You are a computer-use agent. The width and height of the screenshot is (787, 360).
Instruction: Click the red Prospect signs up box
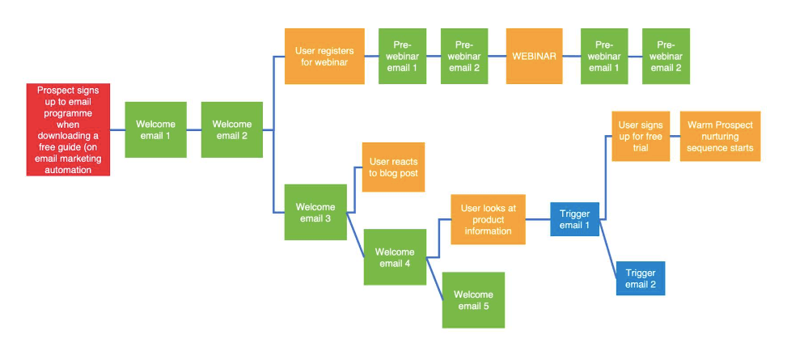click(x=68, y=129)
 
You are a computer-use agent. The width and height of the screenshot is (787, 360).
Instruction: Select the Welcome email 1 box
click(x=155, y=129)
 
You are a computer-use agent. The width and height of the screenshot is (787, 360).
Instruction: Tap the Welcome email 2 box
click(x=231, y=129)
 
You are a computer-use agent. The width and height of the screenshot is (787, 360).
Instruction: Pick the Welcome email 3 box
click(x=315, y=212)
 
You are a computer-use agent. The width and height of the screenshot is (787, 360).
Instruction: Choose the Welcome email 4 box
click(x=395, y=257)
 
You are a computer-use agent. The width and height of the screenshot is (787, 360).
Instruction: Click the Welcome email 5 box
click(x=473, y=299)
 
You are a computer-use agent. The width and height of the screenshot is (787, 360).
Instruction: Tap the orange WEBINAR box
click(x=534, y=56)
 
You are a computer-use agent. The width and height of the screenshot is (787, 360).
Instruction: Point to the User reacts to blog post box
click(x=393, y=167)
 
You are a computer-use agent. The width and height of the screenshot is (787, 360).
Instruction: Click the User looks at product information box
click(x=488, y=219)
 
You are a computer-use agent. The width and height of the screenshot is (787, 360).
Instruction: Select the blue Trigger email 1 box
click(x=574, y=219)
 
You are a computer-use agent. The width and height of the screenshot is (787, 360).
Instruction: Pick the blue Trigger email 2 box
click(x=641, y=278)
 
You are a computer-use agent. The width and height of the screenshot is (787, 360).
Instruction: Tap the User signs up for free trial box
click(x=640, y=137)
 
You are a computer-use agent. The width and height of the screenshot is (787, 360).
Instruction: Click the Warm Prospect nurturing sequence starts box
click(x=720, y=137)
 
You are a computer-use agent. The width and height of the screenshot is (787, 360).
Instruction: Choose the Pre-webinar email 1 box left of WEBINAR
click(x=402, y=56)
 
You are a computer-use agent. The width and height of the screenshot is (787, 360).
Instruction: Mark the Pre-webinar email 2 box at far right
click(x=666, y=56)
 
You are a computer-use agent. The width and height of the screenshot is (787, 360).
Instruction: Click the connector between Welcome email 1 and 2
click(x=194, y=129)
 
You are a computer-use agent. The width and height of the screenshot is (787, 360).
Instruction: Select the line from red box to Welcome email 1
click(x=118, y=129)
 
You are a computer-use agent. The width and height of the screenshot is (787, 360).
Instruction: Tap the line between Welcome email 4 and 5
click(x=435, y=280)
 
